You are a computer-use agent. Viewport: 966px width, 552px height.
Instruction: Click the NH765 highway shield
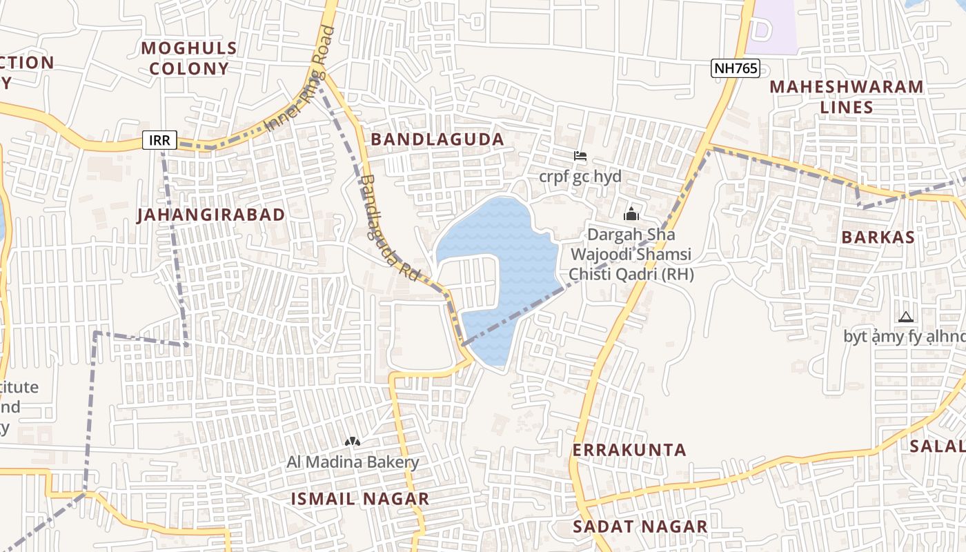click(x=736, y=68)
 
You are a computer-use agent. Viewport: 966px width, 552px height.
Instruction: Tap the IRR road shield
click(x=160, y=140)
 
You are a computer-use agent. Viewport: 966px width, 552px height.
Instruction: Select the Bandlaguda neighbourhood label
click(x=437, y=139)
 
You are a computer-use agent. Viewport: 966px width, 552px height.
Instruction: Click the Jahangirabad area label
click(x=211, y=215)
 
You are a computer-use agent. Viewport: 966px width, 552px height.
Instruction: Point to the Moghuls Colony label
click(x=189, y=58)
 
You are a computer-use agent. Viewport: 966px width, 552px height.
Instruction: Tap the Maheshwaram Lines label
click(x=846, y=97)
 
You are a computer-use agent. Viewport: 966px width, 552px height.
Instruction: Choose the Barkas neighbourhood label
click(x=878, y=237)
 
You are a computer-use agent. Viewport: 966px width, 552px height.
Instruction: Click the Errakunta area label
click(x=629, y=450)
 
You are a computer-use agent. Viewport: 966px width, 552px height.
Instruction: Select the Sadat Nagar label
click(x=640, y=526)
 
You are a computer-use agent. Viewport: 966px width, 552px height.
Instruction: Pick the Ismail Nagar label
click(x=360, y=498)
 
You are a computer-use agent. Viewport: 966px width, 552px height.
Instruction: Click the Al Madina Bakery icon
click(x=353, y=441)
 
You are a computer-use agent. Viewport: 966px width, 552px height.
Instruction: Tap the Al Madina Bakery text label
click(x=353, y=462)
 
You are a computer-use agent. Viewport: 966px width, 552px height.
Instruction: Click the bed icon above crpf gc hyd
click(x=580, y=156)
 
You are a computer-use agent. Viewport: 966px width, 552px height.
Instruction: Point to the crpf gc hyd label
click(x=580, y=176)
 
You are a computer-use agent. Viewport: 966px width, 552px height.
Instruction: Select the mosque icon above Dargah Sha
click(x=631, y=214)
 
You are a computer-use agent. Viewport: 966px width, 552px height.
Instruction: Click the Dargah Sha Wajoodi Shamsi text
click(x=631, y=255)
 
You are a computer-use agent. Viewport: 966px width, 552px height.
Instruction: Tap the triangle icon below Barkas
click(x=906, y=317)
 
